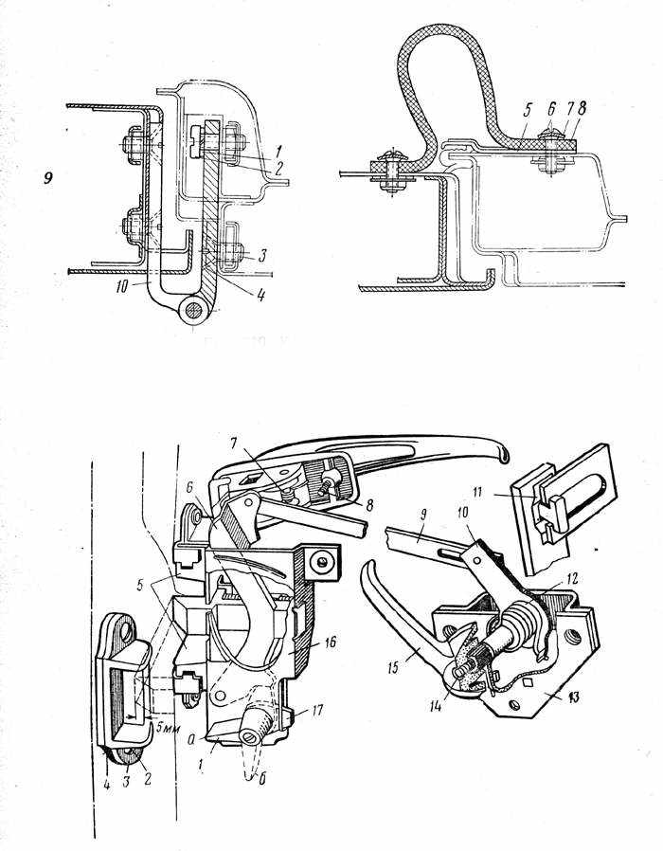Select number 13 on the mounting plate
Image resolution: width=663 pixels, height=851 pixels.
(x=573, y=696)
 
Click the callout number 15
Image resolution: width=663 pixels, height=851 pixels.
(x=393, y=667)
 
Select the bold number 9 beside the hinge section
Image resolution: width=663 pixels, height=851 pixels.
(x=49, y=178)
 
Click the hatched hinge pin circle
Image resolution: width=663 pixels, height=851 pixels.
(x=194, y=311)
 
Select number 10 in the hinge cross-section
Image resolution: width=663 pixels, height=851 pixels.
(x=121, y=286)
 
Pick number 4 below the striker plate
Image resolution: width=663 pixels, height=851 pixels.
(x=107, y=785)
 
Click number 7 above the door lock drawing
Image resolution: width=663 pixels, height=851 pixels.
(x=233, y=444)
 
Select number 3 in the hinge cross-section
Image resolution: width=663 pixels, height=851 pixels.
(x=262, y=255)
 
